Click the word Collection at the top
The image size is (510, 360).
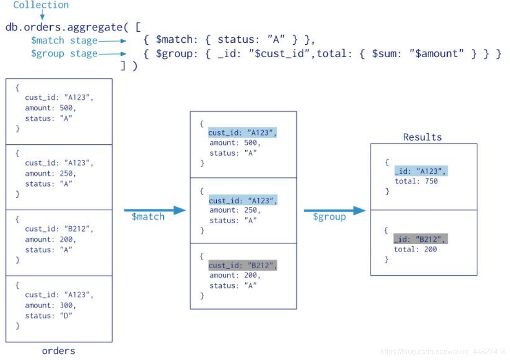(41, 5)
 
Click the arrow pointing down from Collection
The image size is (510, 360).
(42, 15)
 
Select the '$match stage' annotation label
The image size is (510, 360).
(64, 41)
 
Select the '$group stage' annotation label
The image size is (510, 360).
(64, 53)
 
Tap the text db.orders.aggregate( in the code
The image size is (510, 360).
(64, 27)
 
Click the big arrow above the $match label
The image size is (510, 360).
(154, 210)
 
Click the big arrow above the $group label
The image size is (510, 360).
(334, 211)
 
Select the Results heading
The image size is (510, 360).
(422, 137)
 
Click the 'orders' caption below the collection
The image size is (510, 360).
(59, 351)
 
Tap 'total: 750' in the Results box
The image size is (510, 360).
(416, 181)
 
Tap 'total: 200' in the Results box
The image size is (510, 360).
(415, 249)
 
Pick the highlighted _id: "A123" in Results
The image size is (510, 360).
(421, 171)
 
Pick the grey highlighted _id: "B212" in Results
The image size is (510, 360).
(420, 239)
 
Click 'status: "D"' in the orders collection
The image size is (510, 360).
(49, 316)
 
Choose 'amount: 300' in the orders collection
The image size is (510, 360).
(51, 305)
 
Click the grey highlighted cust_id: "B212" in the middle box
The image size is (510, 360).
(243, 266)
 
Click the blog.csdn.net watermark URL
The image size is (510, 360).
(443, 351)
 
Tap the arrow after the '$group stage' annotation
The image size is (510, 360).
(112, 53)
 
